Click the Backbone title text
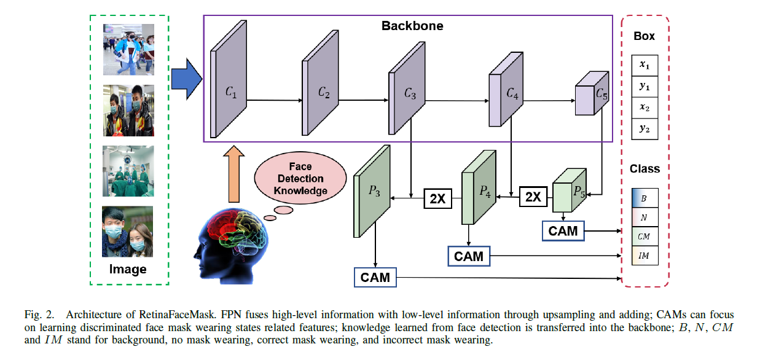pyautogui.click(x=412, y=26)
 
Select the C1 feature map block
pyautogui.click(x=229, y=79)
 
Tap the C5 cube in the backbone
pyautogui.click(x=592, y=93)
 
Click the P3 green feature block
pyautogui.click(x=372, y=192)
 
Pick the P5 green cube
pyautogui.click(x=570, y=190)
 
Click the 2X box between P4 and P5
pyautogui.click(x=533, y=197)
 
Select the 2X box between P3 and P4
pyautogui.click(x=437, y=198)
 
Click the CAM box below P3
pyautogui.click(x=375, y=278)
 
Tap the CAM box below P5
pyautogui.click(x=563, y=231)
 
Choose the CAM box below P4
pyautogui.click(x=469, y=256)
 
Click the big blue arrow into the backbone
pyautogui.click(x=187, y=79)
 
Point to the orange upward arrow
pyautogui.click(x=233, y=174)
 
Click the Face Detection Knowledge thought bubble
pyautogui.click(x=300, y=178)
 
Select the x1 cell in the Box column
pyautogui.click(x=644, y=66)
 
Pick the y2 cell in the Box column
pyautogui.click(x=644, y=129)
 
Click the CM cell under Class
pyautogui.click(x=644, y=237)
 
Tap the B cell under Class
pyautogui.click(x=644, y=198)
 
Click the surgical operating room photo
pyautogui.click(x=128, y=171)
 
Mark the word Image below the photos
pyautogui.click(x=128, y=269)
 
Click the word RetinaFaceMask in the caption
pyautogui.click(x=178, y=315)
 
